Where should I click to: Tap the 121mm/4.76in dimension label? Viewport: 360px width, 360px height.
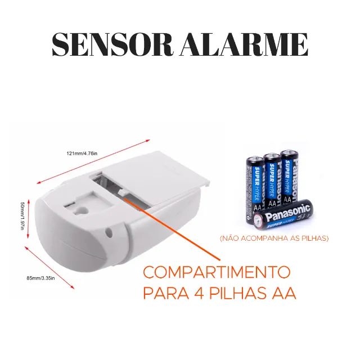82,154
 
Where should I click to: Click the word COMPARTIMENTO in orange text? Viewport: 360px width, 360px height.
217,272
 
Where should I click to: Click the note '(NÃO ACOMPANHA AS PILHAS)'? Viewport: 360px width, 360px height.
274,238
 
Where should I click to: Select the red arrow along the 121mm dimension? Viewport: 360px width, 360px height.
93,161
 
